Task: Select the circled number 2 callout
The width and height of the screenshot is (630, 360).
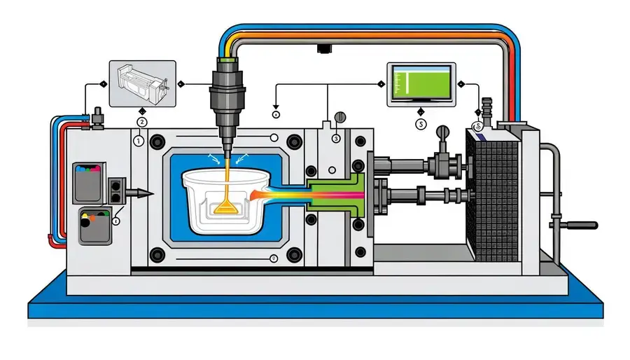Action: click(x=142, y=122)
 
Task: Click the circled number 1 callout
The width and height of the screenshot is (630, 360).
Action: click(x=138, y=140)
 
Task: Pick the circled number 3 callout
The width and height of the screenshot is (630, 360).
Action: click(x=336, y=139)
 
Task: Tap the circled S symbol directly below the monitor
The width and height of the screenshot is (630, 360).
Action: click(x=421, y=124)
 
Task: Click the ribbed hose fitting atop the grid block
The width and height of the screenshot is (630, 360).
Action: click(x=485, y=109)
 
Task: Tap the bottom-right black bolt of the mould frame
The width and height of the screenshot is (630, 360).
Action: click(x=294, y=254)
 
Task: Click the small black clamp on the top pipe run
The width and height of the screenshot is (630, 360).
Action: click(x=323, y=48)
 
